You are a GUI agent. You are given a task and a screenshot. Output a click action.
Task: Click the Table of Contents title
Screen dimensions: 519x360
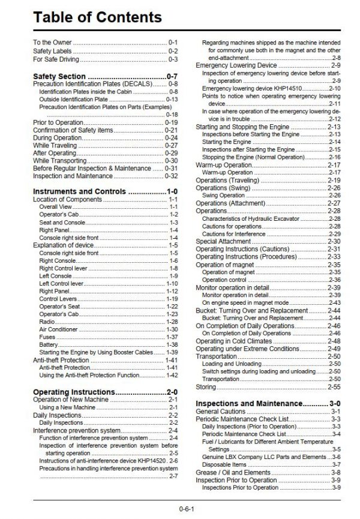point(97,16)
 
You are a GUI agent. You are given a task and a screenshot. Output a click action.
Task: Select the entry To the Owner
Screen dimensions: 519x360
point(52,43)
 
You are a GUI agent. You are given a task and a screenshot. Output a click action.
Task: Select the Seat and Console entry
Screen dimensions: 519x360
point(62,222)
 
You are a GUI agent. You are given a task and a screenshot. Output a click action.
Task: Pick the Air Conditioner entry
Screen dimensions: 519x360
point(58,329)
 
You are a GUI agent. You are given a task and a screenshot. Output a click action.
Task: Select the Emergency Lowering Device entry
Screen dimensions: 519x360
point(236,65)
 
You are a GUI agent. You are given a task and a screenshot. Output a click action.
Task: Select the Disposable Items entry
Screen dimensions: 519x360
point(224,464)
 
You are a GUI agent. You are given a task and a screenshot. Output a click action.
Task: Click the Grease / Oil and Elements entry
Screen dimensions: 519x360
point(233,472)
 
